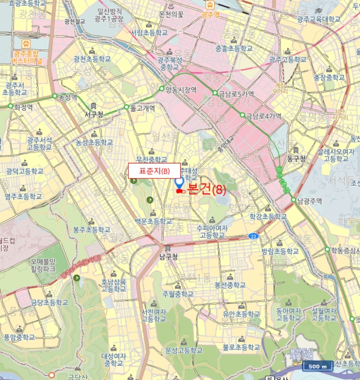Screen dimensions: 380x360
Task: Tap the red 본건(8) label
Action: (x=206, y=189)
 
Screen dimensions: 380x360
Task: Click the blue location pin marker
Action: (x=179, y=184)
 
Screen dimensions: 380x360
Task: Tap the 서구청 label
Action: (x=94, y=115)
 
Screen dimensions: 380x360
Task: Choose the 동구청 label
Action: (x=296, y=159)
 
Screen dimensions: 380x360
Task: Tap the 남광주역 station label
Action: (x=310, y=200)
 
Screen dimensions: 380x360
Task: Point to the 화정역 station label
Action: (x=23, y=107)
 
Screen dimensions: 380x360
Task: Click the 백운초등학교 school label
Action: (x=154, y=221)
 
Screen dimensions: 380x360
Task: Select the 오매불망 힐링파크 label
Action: (x=48, y=264)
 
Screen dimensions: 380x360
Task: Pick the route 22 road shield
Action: (x=253, y=236)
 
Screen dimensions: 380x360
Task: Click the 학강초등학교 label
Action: (x=268, y=216)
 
